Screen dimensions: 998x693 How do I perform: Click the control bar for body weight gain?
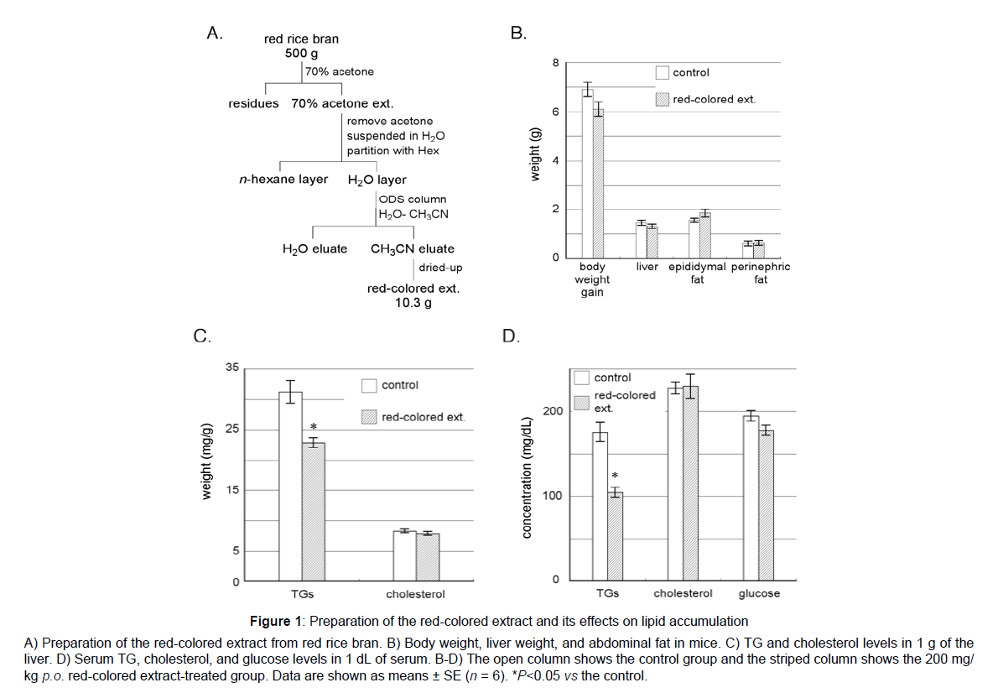point(587,173)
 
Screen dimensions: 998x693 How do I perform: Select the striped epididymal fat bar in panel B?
point(704,235)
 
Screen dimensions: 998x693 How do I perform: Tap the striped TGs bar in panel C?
point(313,512)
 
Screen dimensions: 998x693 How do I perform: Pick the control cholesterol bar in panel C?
point(405,555)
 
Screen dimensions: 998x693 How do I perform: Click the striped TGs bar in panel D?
point(615,536)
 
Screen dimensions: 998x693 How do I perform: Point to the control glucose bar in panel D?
point(751,498)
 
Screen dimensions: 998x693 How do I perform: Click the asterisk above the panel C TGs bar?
point(313,426)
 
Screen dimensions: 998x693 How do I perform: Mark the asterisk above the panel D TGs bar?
point(615,476)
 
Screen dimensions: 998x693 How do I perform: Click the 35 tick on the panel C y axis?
point(232,367)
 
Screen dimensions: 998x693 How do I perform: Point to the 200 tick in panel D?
point(554,411)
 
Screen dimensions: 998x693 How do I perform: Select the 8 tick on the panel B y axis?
point(556,63)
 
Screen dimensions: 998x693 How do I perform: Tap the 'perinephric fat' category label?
point(761,274)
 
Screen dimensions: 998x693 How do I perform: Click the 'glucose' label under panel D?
point(759,594)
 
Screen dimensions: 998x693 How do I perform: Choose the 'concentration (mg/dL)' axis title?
point(527,478)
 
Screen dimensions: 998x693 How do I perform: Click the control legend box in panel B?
point(662,73)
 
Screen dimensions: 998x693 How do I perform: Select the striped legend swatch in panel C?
point(368,417)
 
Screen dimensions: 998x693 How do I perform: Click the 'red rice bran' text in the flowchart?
point(302,39)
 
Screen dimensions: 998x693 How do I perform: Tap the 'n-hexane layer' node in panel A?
point(283,180)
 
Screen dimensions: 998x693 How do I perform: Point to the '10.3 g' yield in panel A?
point(413,303)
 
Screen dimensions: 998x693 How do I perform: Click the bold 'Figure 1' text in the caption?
point(276,621)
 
